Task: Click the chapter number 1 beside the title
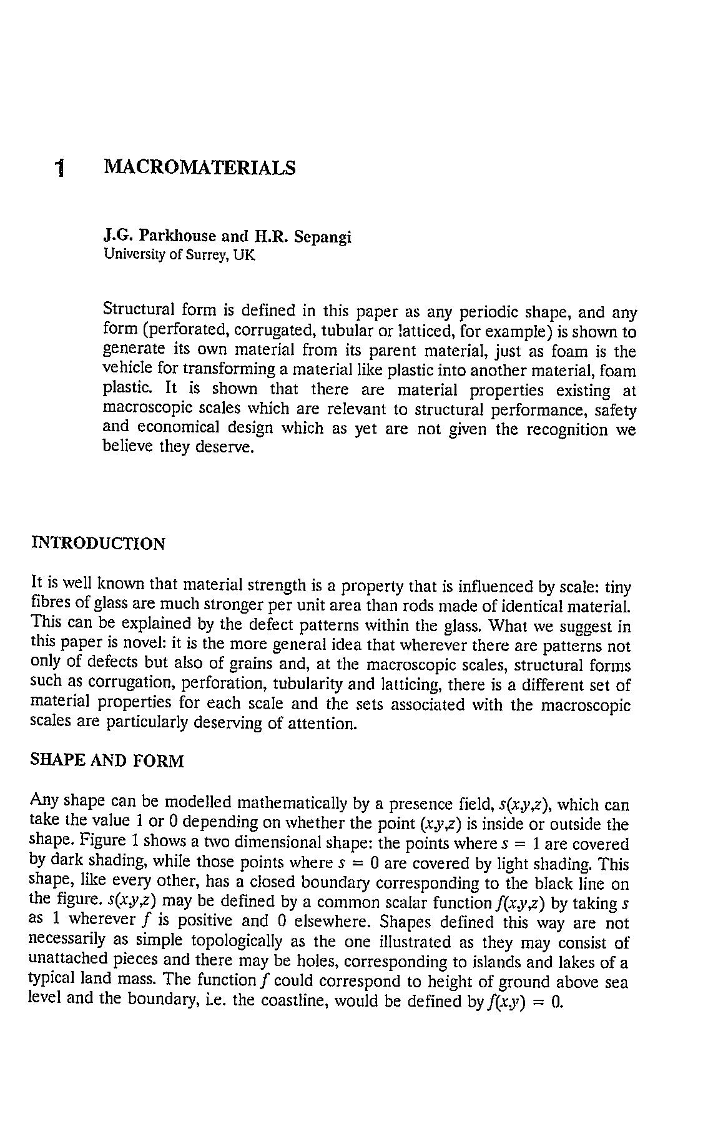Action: pyautogui.click(x=59, y=168)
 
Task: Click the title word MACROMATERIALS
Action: pyautogui.click(x=199, y=167)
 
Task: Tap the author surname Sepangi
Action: pyautogui.click(x=322, y=237)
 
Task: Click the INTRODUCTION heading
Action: pyautogui.click(x=98, y=544)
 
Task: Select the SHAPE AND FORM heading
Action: pyautogui.click(x=107, y=761)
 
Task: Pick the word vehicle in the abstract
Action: pyautogui.click(x=124, y=370)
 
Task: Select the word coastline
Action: pyautogui.click(x=295, y=1001)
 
